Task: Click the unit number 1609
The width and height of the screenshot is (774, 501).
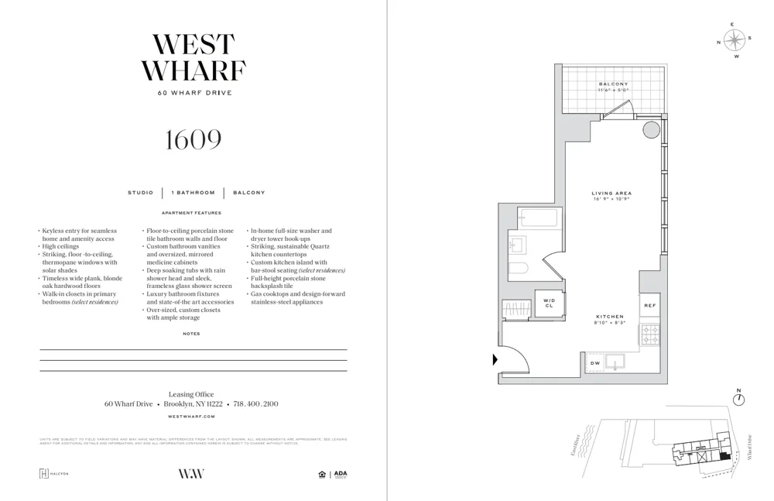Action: click(x=193, y=140)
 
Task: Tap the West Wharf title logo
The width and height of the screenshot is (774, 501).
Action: click(x=193, y=58)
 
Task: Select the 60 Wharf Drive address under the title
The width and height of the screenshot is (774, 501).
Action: click(x=194, y=93)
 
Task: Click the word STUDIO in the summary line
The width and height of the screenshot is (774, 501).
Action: click(x=141, y=193)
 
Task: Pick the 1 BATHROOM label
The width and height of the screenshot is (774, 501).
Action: click(x=193, y=193)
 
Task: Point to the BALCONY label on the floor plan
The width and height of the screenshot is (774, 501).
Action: click(x=613, y=84)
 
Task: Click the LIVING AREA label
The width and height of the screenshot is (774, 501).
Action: click(x=611, y=194)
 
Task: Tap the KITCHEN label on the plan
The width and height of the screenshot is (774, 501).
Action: click(x=610, y=317)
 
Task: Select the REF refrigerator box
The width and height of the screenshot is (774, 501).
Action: click(x=649, y=305)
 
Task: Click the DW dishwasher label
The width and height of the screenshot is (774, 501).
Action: click(x=594, y=362)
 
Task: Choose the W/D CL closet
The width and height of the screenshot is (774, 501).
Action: click(x=549, y=303)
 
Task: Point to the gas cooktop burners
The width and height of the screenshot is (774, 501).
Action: click(x=649, y=335)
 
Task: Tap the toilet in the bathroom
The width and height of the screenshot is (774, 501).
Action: click(x=518, y=269)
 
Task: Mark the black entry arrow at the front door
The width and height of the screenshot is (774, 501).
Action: click(x=495, y=359)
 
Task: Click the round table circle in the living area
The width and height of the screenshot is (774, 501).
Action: click(x=652, y=129)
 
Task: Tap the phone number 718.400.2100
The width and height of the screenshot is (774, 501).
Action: click(x=255, y=404)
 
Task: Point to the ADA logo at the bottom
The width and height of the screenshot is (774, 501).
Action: click(x=341, y=474)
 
